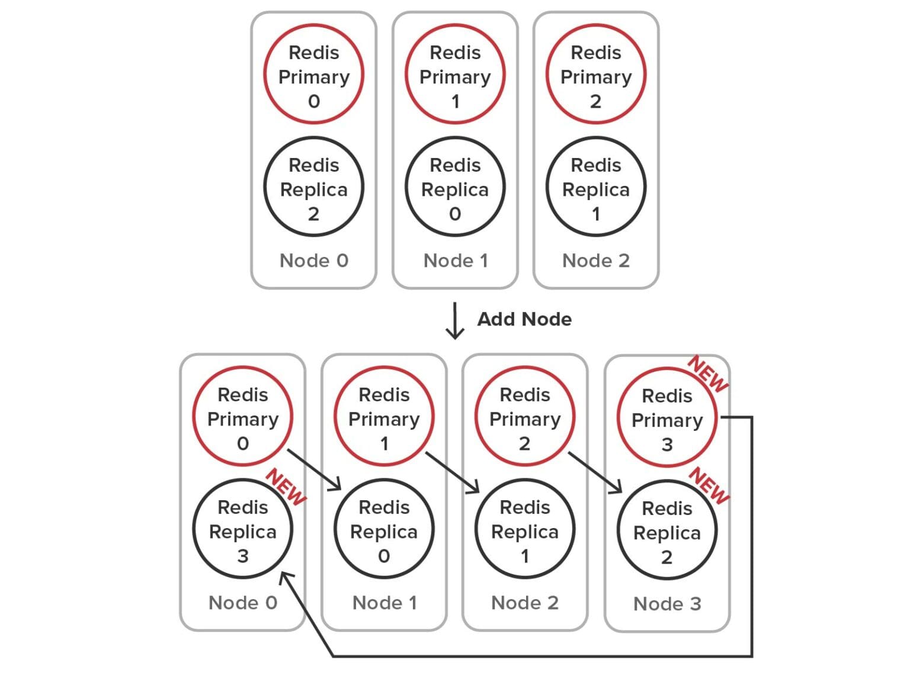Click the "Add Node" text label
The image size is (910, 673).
524,320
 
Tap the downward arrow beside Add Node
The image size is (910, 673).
455,321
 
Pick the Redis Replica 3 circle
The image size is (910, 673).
243,530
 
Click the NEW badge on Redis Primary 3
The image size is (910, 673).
708,374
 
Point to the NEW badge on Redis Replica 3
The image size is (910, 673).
286,487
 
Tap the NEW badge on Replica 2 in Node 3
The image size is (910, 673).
709,485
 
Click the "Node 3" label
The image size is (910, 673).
667,604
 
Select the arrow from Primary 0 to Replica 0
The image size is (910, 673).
315,470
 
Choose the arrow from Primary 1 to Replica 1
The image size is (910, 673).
453,472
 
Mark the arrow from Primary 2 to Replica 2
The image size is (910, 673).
595,472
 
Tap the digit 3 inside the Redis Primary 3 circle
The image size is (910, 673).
667,445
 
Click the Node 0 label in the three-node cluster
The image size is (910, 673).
313,260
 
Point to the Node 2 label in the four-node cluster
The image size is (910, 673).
525,603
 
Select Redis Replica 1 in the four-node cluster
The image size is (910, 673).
525,530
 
